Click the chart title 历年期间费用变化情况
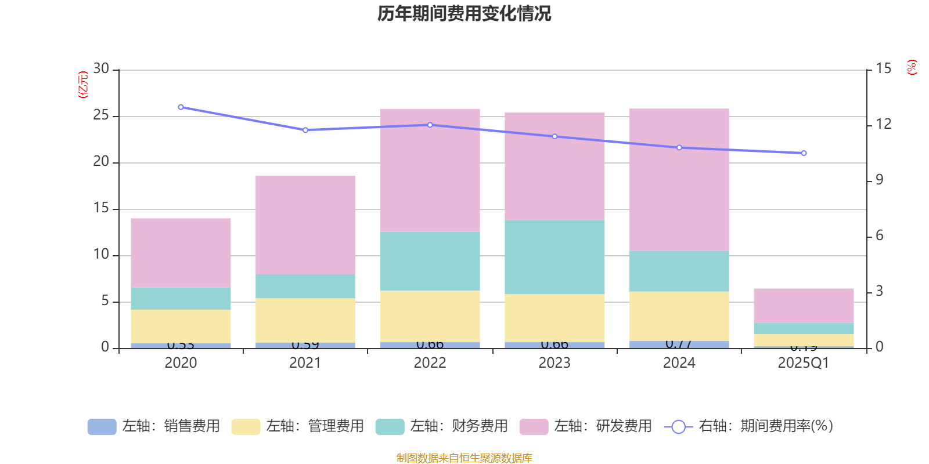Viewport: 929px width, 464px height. pyautogui.click(x=464, y=13)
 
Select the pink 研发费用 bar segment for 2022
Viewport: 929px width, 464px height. pyautogui.click(x=430, y=170)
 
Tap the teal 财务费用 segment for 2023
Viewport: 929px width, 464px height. pyautogui.click(x=554, y=257)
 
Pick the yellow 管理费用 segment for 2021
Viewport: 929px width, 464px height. pyautogui.click(x=305, y=320)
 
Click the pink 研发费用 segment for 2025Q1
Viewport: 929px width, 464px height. pyautogui.click(x=804, y=305)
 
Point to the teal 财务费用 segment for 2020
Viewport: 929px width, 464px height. pyautogui.click(x=181, y=299)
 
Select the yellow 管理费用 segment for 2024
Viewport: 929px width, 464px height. pyautogui.click(x=679, y=316)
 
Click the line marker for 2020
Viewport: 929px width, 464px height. pyautogui.click(x=181, y=107)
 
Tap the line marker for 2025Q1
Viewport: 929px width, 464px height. pyautogui.click(x=804, y=153)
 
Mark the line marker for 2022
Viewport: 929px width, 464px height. pyautogui.click(x=430, y=125)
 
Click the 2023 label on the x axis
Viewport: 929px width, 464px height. pyautogui.click(x=554, y=363)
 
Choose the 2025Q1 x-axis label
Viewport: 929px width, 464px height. pyautogui.click(x=804, y=363)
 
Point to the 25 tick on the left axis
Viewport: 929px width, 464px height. pyautogui.click(x=101, y=115)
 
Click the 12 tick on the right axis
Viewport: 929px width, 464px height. pyautogui.click(x=884, y=124)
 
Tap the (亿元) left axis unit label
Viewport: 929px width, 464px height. pyautogui.click(x=83, y=85)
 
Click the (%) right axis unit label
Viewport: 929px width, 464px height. pyautogui.click(x=912, y=67)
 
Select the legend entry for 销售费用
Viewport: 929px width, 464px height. pyautogui.click(x=154, y=426)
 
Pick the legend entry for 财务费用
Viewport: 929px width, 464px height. pyautogui.click(x=442, y=426)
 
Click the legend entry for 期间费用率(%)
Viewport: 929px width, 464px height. pyautogui.click(x=749, y=426)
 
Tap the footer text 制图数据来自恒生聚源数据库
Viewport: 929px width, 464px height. pyautogui.click(x=464, y=458)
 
